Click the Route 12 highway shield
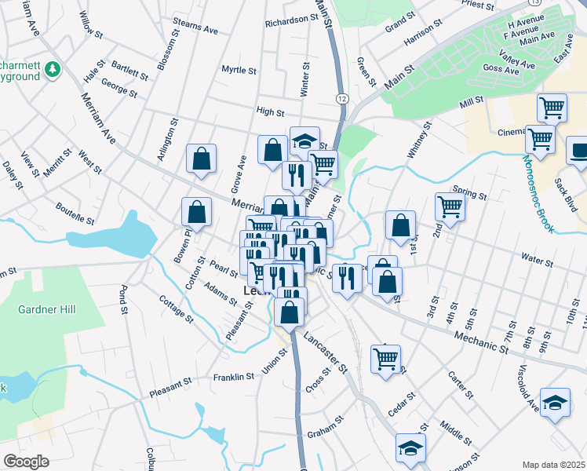point(342,98)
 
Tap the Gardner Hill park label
point(47,309)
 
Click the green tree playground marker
point(53,70)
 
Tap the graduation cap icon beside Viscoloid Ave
point(555,403)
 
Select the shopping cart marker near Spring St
point(450,206)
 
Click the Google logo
point(26,461)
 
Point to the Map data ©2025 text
point(553,465)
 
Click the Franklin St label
point(234,377)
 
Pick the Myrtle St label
point(239,70)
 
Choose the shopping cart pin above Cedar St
point(385,359)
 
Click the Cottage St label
point(176,309)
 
